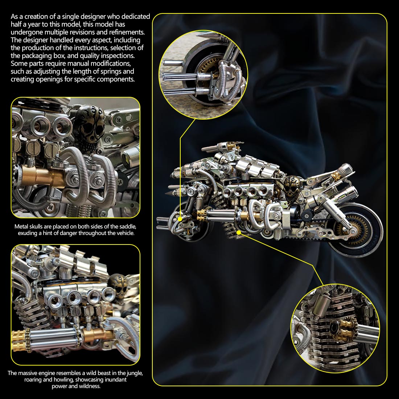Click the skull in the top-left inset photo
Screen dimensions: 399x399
coord(87,127)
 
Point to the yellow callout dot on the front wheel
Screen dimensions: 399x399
coord(180,218)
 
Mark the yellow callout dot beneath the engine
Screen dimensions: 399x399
coord(239,232)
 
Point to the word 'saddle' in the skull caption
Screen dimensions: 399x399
coord(125,226)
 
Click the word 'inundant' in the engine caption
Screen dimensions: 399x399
coord(115,380)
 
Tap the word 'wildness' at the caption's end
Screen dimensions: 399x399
coord(89,386)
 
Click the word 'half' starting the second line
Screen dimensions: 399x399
coord(17,24)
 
